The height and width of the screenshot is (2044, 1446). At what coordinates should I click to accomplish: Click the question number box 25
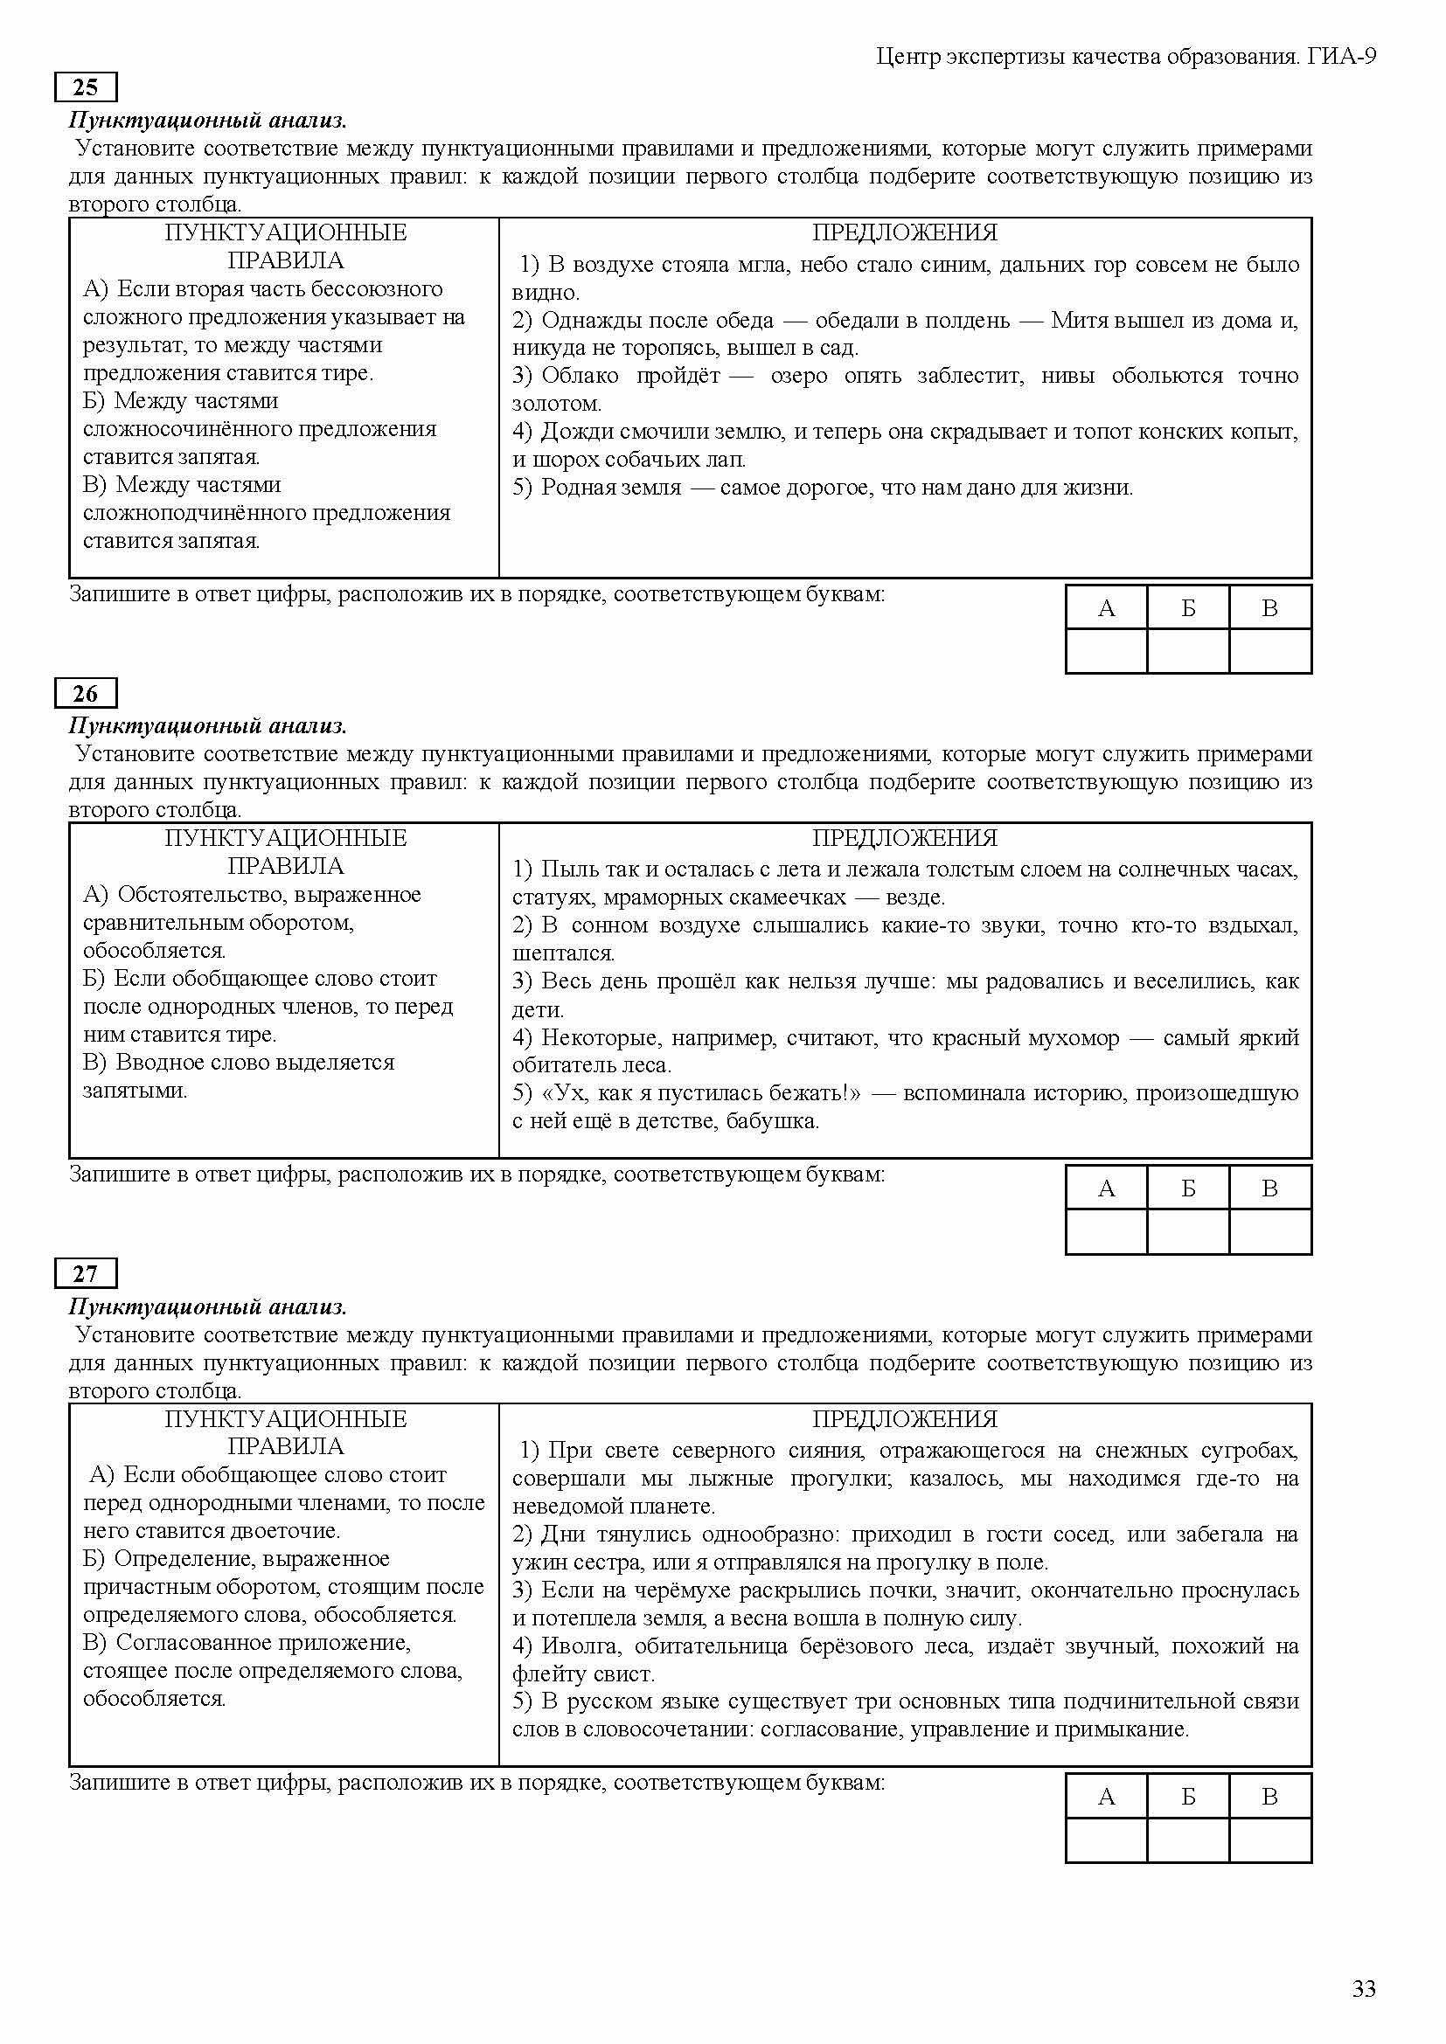click(86, 87)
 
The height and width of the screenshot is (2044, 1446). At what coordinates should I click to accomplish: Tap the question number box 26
click(86, 694)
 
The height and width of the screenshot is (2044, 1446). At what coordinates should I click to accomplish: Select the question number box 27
click(86, 1274)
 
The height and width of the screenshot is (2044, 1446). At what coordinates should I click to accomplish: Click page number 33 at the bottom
click(1364, 1989)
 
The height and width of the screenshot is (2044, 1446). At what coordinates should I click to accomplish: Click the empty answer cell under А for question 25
click(1106, 651)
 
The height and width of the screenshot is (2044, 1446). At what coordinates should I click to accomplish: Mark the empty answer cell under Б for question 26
click(1188, 1231)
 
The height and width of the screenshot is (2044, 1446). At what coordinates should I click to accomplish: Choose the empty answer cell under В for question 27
click(1269, 1840)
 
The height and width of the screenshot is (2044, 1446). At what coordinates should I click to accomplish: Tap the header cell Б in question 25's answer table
click(1188, 608)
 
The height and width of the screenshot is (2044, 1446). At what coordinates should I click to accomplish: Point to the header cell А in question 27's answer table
click(1106, 1797)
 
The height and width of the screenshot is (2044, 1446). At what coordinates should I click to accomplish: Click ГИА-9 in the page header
click(1342, 57)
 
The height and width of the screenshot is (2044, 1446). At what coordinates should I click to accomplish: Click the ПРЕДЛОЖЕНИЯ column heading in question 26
click(905, 839)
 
